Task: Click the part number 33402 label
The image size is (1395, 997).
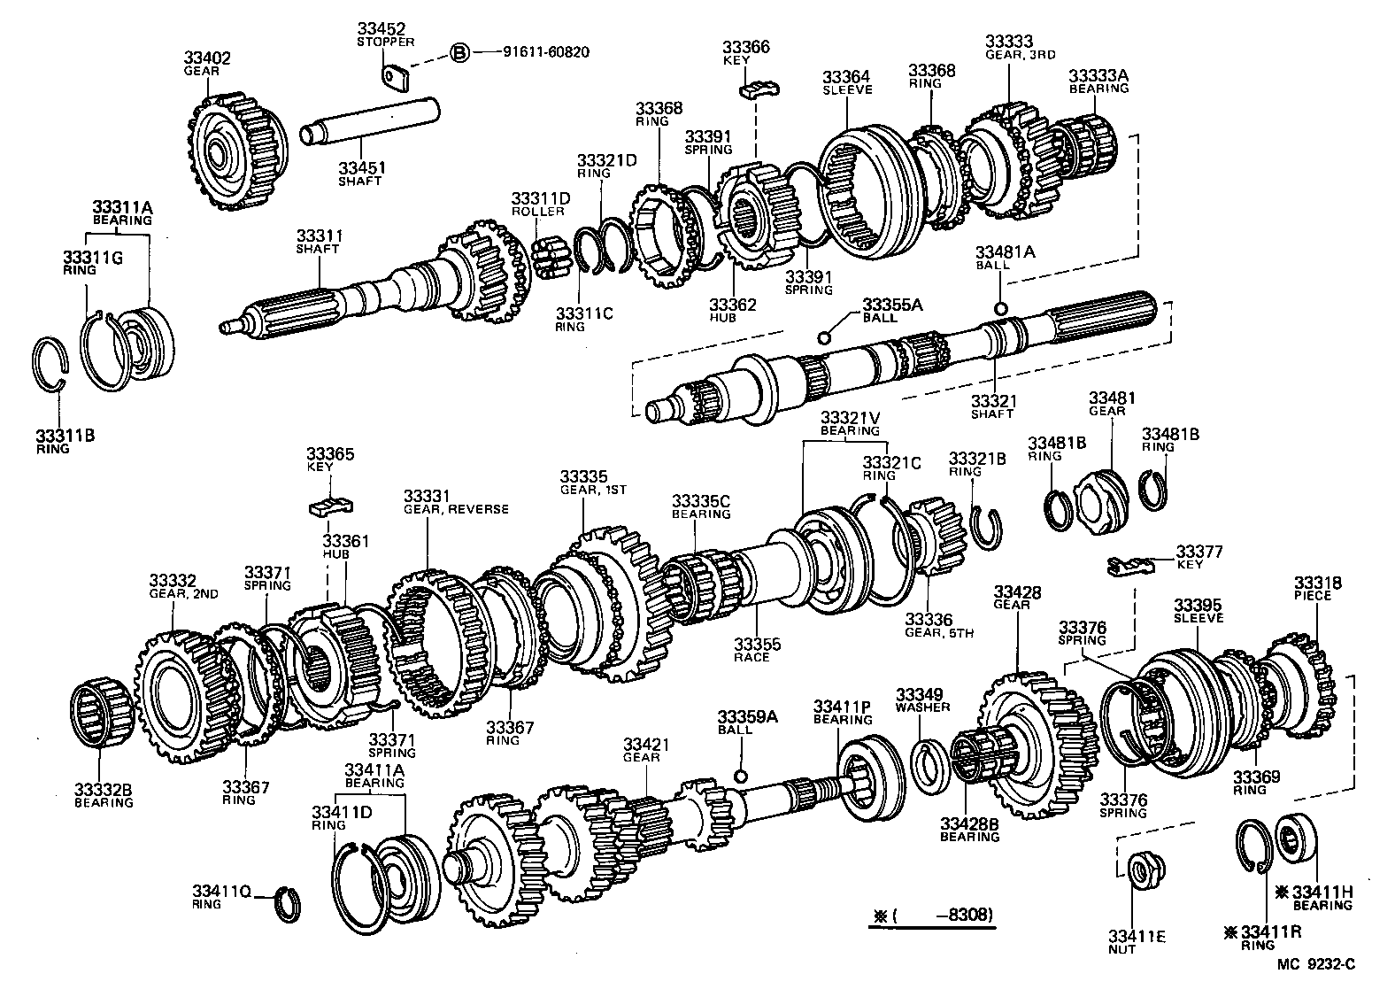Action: (207, 58)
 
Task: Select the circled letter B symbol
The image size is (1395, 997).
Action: (459, 52)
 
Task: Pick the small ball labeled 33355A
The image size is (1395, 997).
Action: (824, 336)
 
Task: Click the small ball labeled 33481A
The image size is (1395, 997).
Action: (1000, 307)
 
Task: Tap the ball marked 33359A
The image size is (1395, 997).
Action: (742, 776)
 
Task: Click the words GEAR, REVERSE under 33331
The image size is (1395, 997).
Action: (456, 509)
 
